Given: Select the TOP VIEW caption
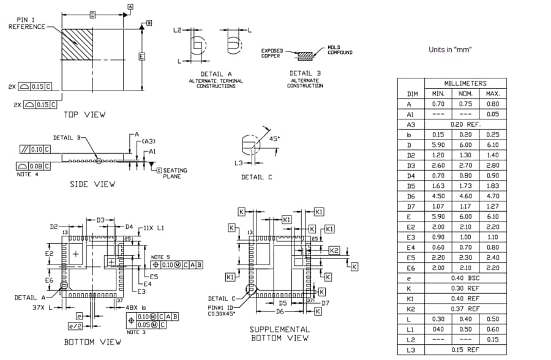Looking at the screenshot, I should click(x=84, y=114).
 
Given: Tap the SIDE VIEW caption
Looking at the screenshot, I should click(x=92, y=184).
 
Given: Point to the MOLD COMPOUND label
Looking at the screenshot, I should click(x=340, y=50).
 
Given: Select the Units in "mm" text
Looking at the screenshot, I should click(x=450, y=50).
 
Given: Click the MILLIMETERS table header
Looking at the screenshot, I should click(x=465, y=83).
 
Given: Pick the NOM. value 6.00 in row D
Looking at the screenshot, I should click(x=465, y=145).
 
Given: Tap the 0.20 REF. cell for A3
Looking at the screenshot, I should click(x=465, y=124).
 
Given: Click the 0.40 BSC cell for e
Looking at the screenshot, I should click(x=465, y=279).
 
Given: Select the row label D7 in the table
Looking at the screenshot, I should click(x=411, y=206).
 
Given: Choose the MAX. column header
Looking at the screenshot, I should click(x=493, y=94).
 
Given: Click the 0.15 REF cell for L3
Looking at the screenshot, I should click(x=465, y=350).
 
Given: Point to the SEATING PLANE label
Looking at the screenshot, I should click(x=175, y=173).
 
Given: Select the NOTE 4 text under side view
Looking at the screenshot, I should click(x=28, y=174).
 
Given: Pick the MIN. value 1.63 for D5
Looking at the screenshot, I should click(x=438, y=186).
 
